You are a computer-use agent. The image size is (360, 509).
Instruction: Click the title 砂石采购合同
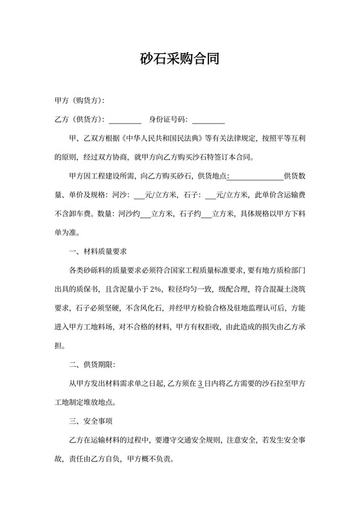179,60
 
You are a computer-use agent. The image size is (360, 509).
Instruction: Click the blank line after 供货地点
255,175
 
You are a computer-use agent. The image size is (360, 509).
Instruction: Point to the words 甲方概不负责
151,459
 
